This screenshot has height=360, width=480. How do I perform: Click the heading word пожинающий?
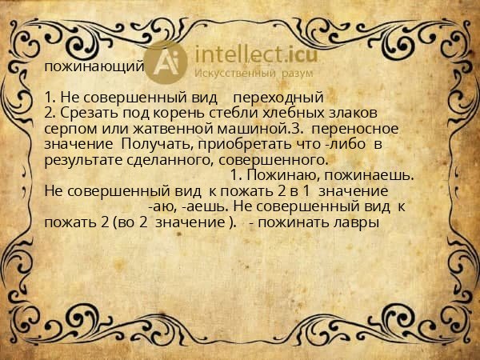pyautogui.click(x=94, y=66)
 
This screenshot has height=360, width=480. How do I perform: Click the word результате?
pyautogui.click(x=82, y=158)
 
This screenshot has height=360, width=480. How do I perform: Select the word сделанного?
pyautogui.click(x=174, y=158)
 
